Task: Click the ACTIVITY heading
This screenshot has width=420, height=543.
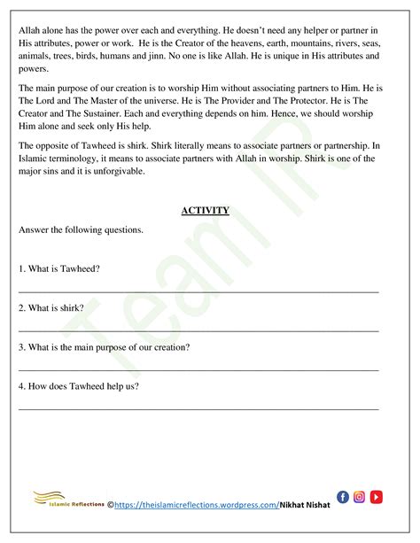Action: pos(205,210)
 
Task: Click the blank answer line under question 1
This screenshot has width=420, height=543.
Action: pos(198,291)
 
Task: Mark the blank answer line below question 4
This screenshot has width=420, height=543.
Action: pos(198,408)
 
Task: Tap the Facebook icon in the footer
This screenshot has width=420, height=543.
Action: pos(344,497)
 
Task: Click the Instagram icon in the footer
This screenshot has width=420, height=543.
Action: pos(360,497)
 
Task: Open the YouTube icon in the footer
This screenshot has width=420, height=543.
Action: pos(376,497)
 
